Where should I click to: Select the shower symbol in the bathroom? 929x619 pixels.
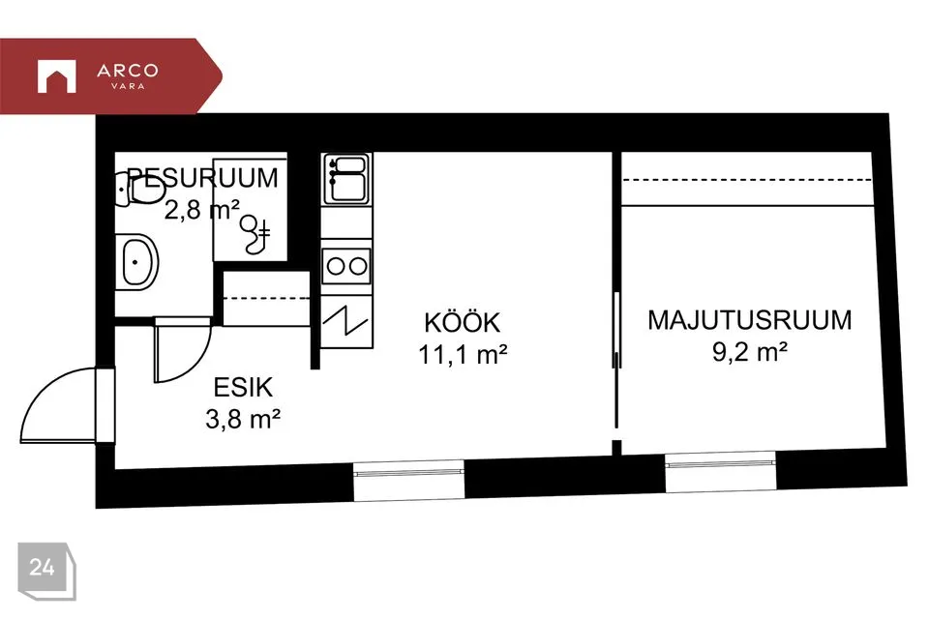(255, 233)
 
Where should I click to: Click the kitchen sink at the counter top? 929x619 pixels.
(346, 178)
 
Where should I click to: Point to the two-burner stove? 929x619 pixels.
(346, 266)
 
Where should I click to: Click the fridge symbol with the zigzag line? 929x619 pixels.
(346, 322)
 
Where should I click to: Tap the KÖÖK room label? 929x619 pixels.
(463, 322)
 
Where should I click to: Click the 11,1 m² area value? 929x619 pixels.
(463, 354)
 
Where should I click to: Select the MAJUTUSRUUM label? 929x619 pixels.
(749, 320)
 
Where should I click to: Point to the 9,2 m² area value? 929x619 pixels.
(749, 352)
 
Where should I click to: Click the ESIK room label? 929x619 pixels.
(243, 388)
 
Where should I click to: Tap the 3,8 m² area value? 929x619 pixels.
(243, 420)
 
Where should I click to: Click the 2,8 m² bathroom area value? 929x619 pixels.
(202, 210)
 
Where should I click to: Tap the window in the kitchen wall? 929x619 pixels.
(408, 481)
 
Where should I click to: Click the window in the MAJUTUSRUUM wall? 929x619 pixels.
(720, 472)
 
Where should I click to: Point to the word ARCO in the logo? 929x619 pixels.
(128, 71)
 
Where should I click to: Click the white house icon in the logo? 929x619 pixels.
(57, 75)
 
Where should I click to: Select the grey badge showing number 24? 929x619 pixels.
(46, 571)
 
